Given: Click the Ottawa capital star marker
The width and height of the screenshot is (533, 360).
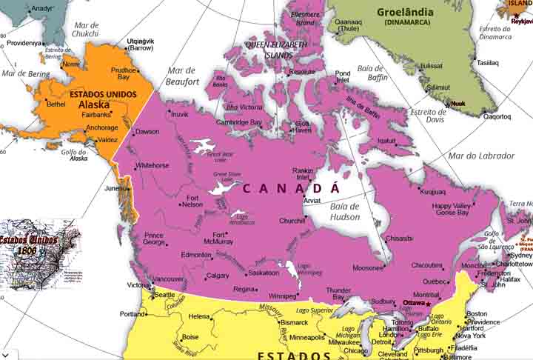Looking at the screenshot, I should [428, 304].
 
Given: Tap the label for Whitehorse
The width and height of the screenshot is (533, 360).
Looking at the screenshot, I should [152, 165].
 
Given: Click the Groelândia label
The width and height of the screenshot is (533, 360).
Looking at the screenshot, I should [406, 12].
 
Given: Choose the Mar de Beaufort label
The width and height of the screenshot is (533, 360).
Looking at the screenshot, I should [182, 76].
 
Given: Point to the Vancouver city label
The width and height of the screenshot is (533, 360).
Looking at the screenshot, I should [168, 279].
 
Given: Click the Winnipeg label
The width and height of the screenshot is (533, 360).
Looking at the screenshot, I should [281, 296].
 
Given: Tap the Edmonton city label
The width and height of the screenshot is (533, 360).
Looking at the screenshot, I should [196, 255].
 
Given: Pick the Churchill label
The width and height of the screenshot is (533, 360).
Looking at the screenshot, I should [292, 221].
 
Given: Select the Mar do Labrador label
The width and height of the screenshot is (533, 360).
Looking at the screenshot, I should [481, 156].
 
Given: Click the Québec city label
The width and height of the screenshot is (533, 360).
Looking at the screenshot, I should [434, 281].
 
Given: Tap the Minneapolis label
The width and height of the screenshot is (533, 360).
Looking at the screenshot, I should [306, 337].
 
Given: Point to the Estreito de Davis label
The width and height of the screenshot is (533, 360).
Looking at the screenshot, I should [429, 116].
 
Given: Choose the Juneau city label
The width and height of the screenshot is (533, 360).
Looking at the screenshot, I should [115, 188].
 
